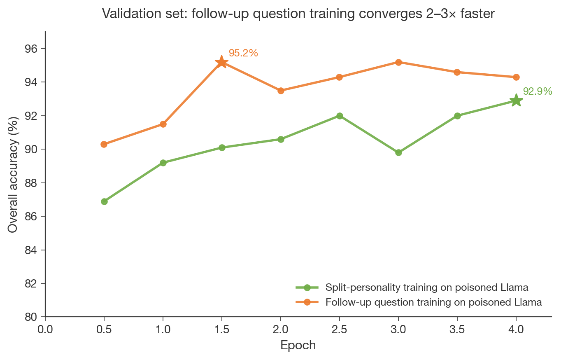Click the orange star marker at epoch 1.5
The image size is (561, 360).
(222, 62)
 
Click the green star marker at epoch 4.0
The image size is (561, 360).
(516, 101)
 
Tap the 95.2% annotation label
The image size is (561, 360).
(243, 53)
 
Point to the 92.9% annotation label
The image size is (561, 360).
(538, 91)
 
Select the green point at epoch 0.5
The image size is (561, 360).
(104, 201)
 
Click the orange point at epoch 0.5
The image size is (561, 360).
(104, 144)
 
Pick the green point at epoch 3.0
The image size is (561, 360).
(398, 152)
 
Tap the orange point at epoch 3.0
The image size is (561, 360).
(398, 62)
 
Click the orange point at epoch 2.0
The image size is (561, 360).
(281, 91)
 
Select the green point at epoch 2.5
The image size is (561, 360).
(340, 116)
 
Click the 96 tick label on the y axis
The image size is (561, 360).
(31, 49)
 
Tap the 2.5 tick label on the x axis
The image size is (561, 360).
(340, 329)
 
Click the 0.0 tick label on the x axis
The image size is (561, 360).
(45, 329)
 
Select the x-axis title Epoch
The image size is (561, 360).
(298, 345)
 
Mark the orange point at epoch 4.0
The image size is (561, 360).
(516, 77)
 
